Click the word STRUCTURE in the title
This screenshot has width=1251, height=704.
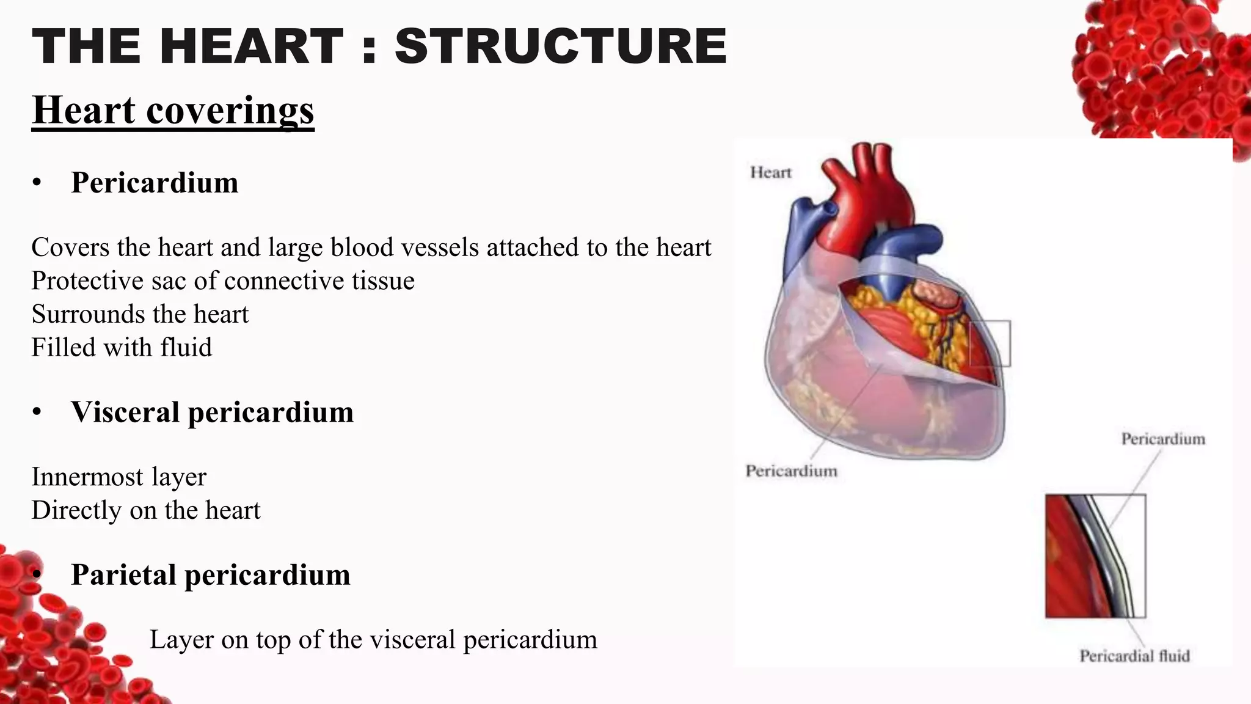click(561, 46)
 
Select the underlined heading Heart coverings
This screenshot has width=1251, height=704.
click(173, 111)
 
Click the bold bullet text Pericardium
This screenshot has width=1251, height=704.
click(155, 183)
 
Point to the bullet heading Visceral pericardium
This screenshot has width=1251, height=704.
click(212, 413)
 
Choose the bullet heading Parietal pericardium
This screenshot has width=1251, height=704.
click(210, 575)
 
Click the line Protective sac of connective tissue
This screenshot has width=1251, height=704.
click(223, 281)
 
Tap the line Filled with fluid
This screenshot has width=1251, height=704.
click(122, 348)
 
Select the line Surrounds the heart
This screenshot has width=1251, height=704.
click(140, 315)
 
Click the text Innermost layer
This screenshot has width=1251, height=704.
click(119, 477)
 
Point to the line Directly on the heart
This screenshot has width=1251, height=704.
click(145, 510)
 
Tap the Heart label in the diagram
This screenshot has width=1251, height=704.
click(770, 173)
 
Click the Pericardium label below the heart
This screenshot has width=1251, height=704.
click(791, 471)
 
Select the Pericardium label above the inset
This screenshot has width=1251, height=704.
click(1162, 439)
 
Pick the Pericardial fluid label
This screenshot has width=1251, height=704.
click(1134, 656)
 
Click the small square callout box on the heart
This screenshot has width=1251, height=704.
click(990, 343)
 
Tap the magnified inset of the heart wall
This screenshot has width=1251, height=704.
click(1095, 556)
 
